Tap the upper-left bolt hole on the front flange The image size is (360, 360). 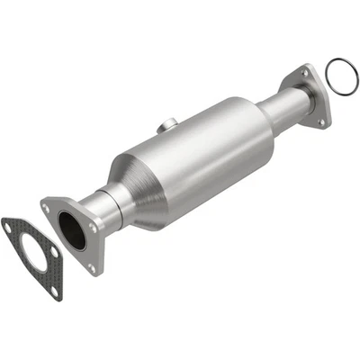(x=46, y=207)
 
